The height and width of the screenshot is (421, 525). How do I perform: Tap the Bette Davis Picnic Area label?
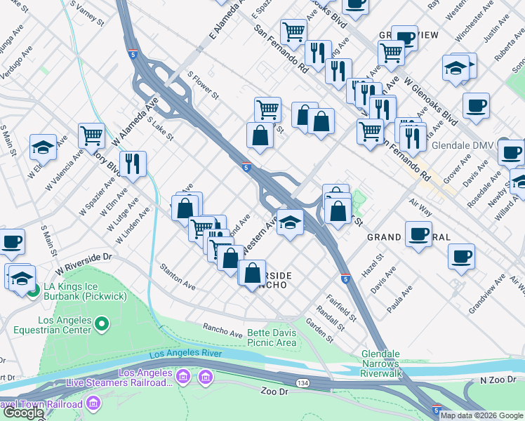(272, 338)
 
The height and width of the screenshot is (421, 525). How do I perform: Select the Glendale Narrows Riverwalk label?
(380, 359)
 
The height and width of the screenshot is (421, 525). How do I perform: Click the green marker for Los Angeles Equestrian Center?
(102, 323)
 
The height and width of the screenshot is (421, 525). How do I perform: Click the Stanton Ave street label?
(178, 276)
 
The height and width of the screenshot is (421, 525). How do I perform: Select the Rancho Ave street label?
(222, 328)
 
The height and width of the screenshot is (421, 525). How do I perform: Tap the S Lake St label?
(160, 127)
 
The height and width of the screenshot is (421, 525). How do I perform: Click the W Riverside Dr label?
(84, 262)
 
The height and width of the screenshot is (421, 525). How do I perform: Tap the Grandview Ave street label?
(487, 293)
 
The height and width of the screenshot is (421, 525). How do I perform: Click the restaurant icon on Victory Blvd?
(133, 164)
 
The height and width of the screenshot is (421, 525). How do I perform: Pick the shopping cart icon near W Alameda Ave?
(92, 135)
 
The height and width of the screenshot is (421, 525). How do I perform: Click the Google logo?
(22, 413)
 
